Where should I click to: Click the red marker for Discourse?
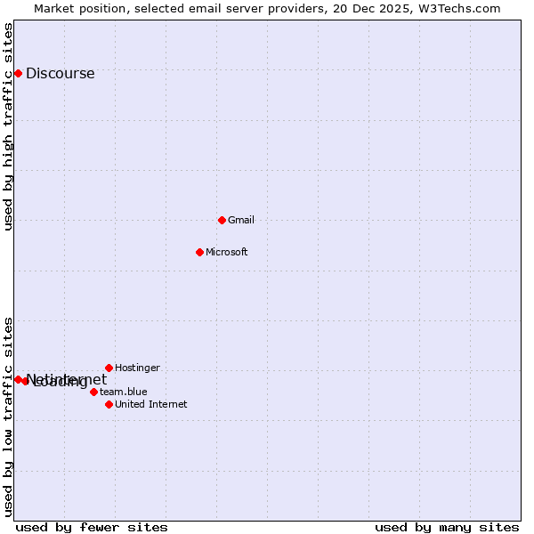(18, 73)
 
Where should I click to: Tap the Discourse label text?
(60, 74)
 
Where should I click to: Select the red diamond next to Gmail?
(222, 220)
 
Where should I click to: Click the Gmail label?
(241, 220)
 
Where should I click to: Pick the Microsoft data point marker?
(199, 252)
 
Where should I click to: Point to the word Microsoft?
(226, 252)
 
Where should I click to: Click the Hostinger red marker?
(109, 368)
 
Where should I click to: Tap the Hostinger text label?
(137, 368)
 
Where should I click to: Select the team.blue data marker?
(93, 392)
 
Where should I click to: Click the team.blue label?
(124, 392)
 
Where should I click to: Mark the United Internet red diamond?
(109, 404)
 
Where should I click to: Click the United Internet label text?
(151, 404)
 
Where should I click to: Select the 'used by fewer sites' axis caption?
(92, 527)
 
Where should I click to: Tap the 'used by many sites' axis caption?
(447, 527)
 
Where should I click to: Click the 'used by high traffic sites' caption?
(8, 126)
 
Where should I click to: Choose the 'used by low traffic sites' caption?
(8, 417)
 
